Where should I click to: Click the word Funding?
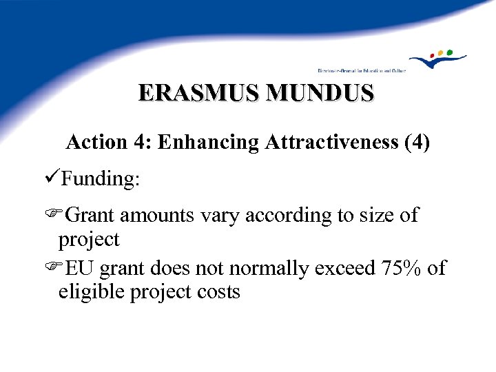101,179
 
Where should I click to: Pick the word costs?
217,292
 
